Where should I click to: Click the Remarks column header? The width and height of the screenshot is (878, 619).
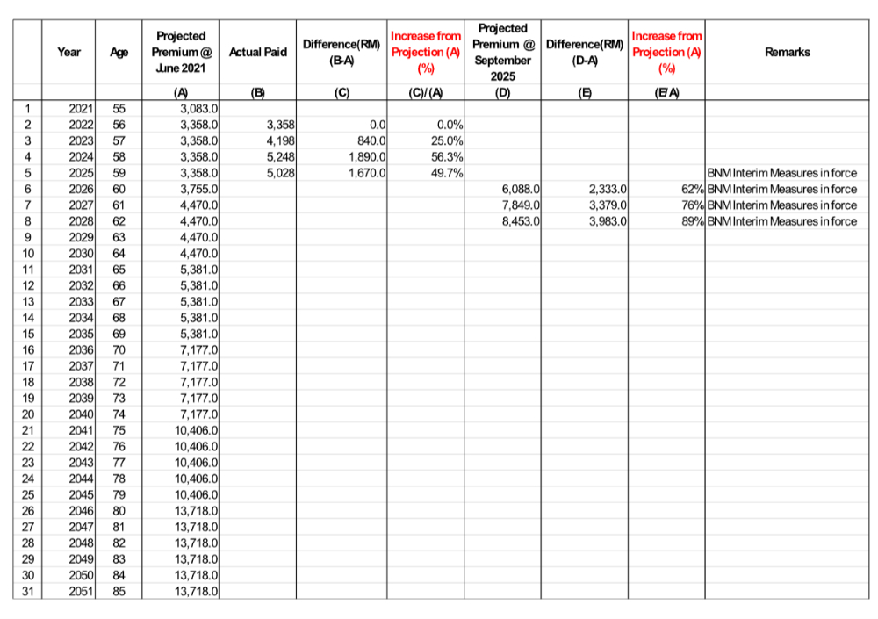tap(788, 52)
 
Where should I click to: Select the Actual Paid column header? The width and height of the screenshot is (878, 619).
tap(257, 53)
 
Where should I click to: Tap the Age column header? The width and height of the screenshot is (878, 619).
tap(119, 53)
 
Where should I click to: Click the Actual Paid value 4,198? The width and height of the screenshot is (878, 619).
tap(278, 141)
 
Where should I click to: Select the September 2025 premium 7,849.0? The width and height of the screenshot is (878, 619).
tap(521, 205)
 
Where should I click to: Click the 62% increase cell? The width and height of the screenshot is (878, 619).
tap(688, 189)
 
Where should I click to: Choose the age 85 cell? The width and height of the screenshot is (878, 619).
tap(119, 591)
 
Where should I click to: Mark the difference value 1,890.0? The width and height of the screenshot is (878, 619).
tap(363, 157)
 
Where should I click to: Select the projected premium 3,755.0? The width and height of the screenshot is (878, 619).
tap(198, 189)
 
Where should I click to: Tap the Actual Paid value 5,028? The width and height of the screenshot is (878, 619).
tap(278, 173)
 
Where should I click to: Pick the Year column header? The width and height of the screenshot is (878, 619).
tap(68, 53)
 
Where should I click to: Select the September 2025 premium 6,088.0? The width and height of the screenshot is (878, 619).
tap(521, 189)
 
